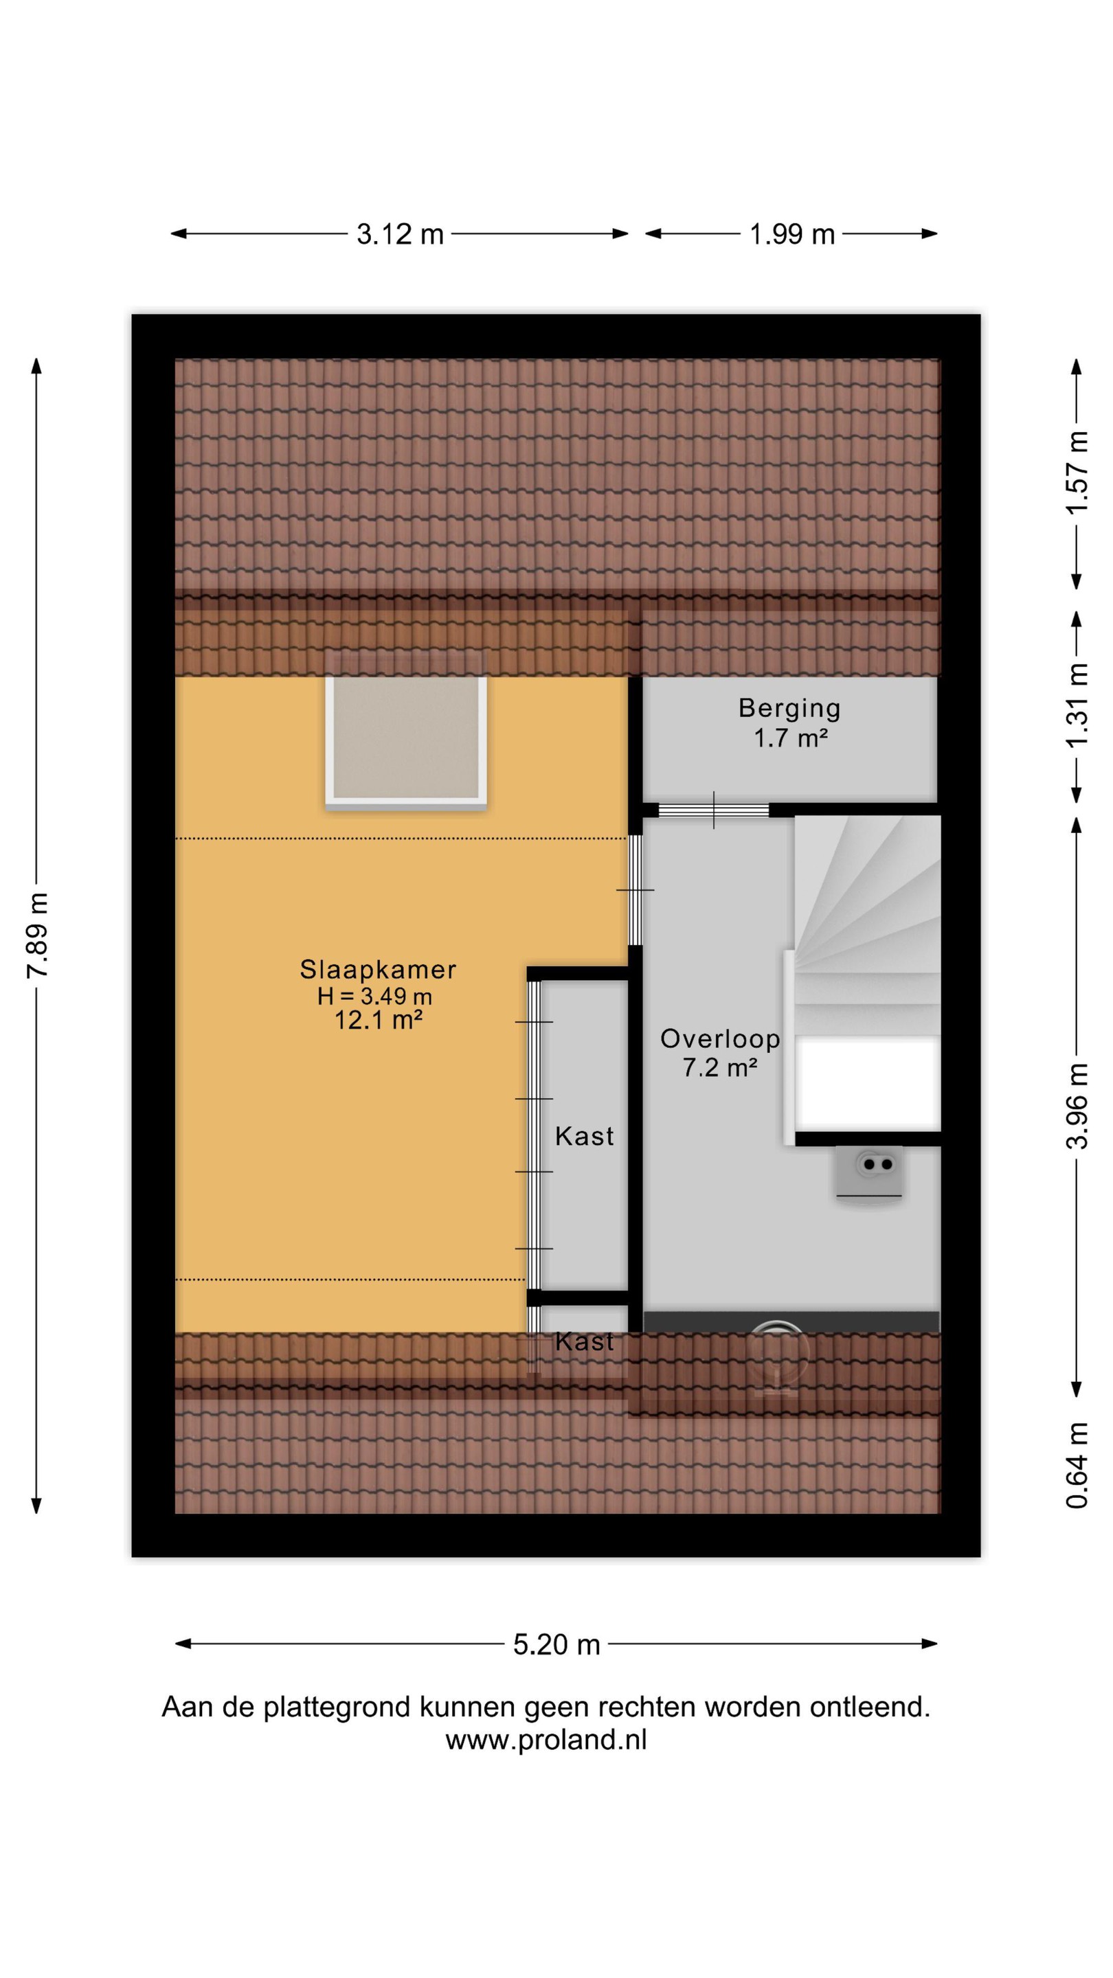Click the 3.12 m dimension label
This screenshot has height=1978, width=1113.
[x=400, y=234]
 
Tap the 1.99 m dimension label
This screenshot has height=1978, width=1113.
[x=792, y=234]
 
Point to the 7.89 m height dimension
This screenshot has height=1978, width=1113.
[x=38, y=935]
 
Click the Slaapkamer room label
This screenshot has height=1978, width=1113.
[x=378, y=970]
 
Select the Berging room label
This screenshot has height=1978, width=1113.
[x=789, y=708]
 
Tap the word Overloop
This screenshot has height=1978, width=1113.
[x=721, y=1039]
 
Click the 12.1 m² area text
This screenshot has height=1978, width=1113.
[x=378, y=1021]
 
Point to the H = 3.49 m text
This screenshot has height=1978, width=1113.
[x=375, y=996]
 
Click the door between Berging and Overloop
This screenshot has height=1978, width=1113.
[x=714, y=810]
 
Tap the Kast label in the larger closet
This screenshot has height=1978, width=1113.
[x=585, y=1136]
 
